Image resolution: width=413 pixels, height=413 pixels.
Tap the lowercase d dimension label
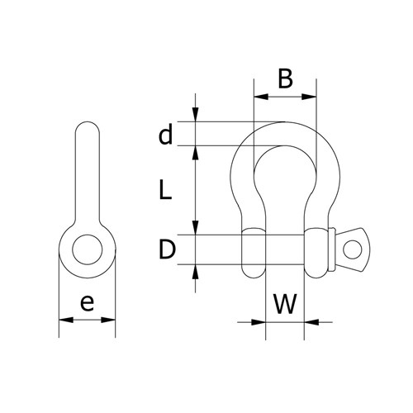(x=166, y=134)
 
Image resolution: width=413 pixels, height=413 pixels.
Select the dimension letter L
(x=165, y=191)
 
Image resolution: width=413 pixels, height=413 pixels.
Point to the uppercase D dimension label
(x=166, y=249)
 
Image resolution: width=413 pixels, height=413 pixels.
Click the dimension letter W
(x=285, y=303)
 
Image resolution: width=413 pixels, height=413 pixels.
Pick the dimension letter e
(x=87, y=303)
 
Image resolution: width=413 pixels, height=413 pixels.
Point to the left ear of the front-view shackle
(x=252, y=250)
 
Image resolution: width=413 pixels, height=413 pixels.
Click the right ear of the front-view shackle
(x=316, y=250)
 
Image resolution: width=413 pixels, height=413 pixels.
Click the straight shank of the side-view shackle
(x=86, y=178)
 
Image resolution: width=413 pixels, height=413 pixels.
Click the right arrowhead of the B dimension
(x=313, y=97)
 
